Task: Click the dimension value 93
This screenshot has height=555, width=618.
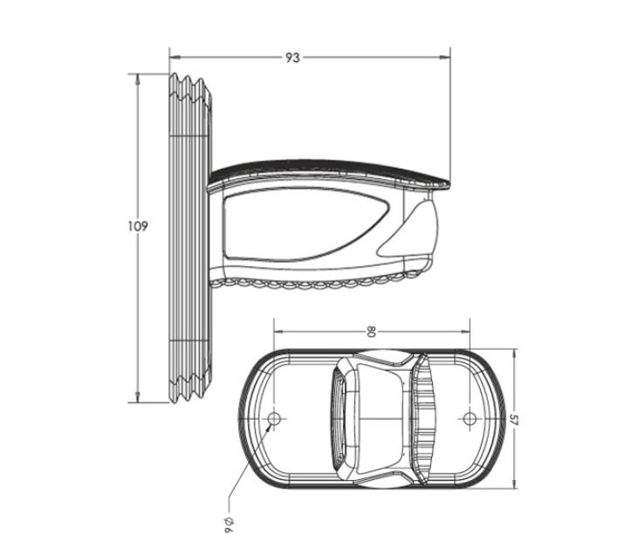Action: coord(292,58)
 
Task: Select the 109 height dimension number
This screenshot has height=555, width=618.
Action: coord(138,226)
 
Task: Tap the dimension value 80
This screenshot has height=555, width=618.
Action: coord(371,332)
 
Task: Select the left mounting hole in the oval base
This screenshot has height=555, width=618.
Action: coord(274,420)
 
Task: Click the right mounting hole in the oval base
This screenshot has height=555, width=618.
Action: coord(470,420)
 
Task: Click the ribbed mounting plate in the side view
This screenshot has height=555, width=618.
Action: coord(188,236)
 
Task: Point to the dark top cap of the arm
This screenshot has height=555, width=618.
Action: coord(332,168)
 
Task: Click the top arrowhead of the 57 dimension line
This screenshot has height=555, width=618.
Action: coord(514,354)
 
